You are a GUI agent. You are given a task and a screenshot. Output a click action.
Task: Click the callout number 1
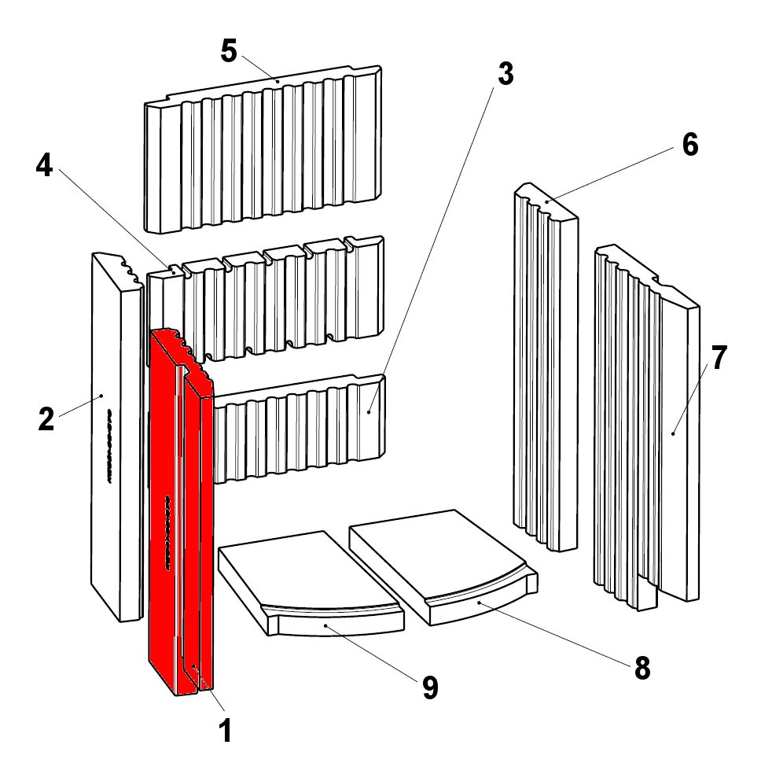(225, 732)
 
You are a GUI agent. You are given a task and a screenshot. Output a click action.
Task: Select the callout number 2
(46, 419)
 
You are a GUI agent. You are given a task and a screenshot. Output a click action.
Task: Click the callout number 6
(689, 146)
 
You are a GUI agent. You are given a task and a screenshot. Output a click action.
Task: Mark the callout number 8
(642, 668)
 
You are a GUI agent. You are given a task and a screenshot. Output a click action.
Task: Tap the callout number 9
(429, 687)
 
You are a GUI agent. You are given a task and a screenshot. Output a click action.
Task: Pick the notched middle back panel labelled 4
(267, 303)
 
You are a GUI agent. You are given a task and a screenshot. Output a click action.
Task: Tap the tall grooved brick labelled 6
(544, 370)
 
